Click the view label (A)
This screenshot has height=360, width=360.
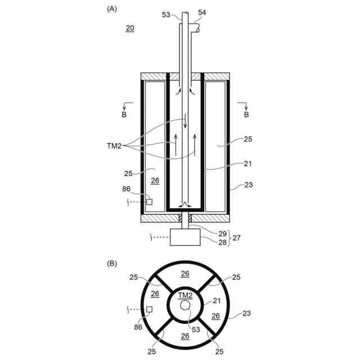(x=112, y=9)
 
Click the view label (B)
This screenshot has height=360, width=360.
(x=112, y=263)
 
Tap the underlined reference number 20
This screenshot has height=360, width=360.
(x=130, y=28)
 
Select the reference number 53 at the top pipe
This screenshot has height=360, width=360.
(x=166, y=15)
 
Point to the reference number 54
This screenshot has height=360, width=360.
(x=202, y=12)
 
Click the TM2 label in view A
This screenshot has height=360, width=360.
(x=114, y=146)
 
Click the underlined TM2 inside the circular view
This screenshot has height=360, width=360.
(x=185, y=295)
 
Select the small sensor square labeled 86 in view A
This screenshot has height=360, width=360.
(x=149, y=202)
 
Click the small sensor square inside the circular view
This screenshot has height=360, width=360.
(x=149, y=309)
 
